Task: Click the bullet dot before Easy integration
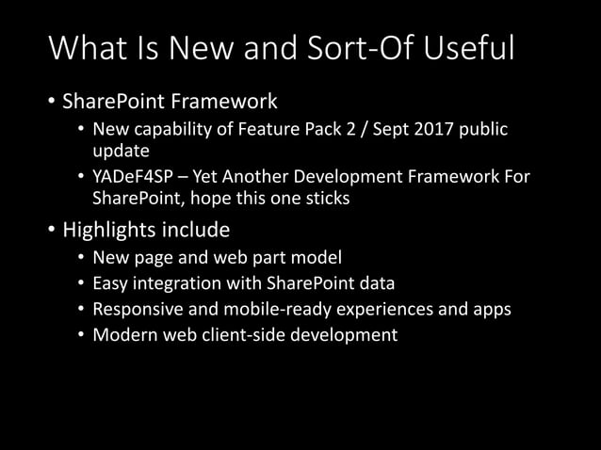[81, 283]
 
